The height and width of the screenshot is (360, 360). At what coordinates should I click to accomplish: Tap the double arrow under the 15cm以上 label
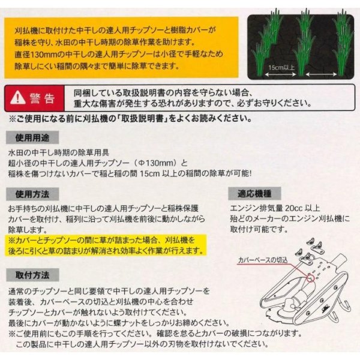(280, 74)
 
